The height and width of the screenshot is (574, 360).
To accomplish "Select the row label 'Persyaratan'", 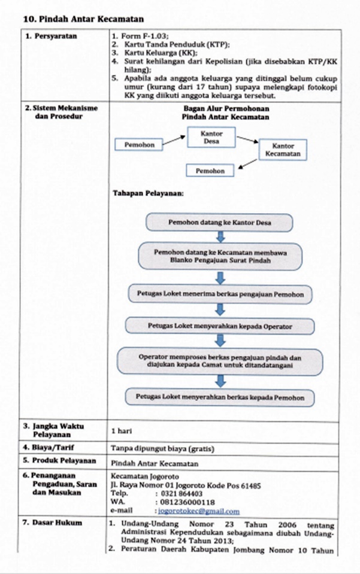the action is pos(56,37).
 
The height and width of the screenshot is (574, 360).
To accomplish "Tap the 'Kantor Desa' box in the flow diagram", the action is pos(211,137).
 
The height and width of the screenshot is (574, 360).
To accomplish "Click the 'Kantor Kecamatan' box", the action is pos(283,150).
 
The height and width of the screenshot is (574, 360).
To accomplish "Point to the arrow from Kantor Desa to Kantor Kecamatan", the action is pos(247,139).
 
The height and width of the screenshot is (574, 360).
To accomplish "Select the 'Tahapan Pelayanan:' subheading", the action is pos(149,193).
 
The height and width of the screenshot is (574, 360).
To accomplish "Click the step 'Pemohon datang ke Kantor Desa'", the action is pos(219,223).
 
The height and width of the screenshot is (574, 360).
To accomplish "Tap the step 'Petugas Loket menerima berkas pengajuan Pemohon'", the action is pos(220,294).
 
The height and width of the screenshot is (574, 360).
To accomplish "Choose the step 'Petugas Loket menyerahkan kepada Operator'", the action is pos(220,326).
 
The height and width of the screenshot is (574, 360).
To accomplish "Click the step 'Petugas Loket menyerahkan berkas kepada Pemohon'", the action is pos(220,397).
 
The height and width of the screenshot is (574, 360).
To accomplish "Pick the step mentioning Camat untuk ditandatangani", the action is pos(220,362).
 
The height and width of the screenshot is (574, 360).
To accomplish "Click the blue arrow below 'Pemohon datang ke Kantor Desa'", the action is pos(220,237).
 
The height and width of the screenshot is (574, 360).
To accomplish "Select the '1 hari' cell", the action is pos(122,431).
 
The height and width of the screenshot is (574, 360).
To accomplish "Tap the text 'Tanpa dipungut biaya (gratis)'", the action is pos(162,448).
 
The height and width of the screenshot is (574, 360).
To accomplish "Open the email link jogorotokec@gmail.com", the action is pos(199,511).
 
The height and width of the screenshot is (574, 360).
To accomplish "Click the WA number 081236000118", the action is pos(187,502).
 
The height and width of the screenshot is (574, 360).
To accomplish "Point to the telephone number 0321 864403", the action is pos(181,493).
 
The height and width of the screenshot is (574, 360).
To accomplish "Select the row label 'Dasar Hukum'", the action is pos(57,523).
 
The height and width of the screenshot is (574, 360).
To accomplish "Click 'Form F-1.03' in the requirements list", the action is pos(145,37).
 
